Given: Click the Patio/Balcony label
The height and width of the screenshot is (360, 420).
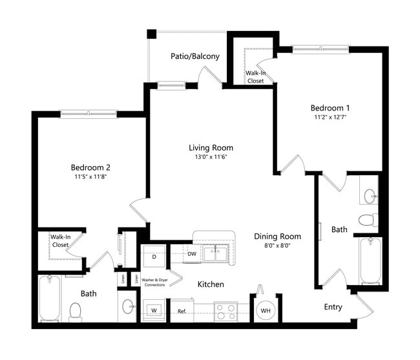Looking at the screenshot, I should coord(194,56).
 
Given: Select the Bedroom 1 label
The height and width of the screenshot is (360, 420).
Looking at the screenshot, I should coord(330,107).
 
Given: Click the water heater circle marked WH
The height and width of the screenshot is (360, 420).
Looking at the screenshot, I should coord(265,310).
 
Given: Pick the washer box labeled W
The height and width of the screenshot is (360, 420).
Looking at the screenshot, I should coord(154,310).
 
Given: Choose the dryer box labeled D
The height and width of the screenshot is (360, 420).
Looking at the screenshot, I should coord(154,257).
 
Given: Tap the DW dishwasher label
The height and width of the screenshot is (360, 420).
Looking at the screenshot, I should coord(192,254).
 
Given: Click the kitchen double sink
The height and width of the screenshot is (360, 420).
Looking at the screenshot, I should coord(215,253).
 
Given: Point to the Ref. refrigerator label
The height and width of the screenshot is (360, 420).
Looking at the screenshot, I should coord(183,312).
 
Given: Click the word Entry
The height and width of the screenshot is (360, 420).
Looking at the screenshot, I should coord(333,307).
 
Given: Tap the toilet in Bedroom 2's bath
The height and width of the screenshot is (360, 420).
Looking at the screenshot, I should coord(75,312).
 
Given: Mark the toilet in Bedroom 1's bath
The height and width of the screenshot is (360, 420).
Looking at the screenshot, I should coord(367,220).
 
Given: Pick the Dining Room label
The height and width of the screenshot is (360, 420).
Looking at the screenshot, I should coord(277,237).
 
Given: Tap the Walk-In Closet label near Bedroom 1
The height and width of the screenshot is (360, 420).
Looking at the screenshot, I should coord(255,77).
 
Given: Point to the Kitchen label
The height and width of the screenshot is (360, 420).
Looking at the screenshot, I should coord(211,284).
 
